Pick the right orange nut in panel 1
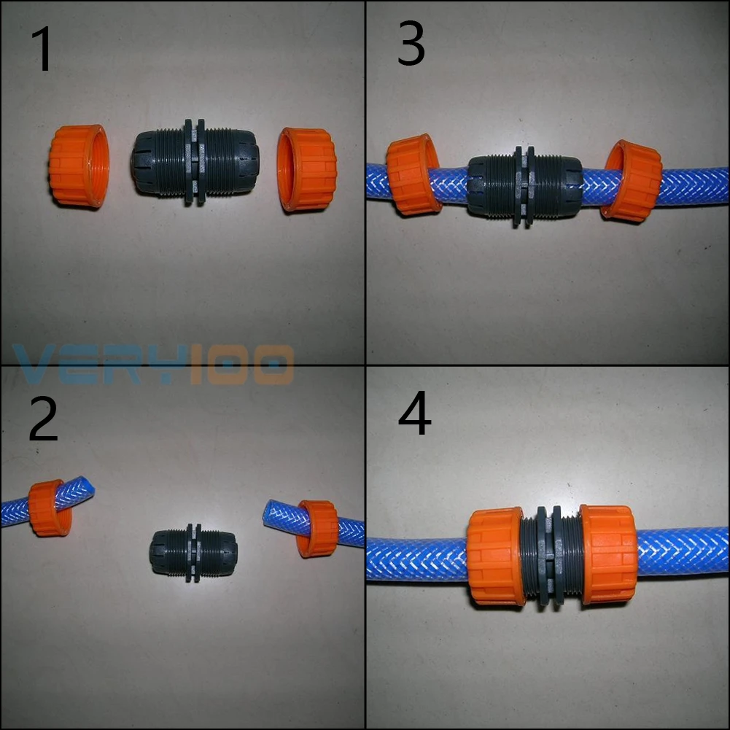pyautogui.click(x=306, y=169)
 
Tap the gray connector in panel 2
pyautogui.click(x=193, y=553)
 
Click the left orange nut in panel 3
pyautogui.click(x=412, y=175)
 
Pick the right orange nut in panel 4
pyautogui.click(x=608, y=554)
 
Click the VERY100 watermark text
pyautogui.click(x=153, y=365)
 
